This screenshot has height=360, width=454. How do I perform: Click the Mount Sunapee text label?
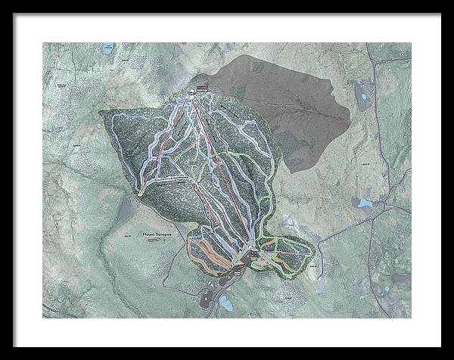[x=156, y=235]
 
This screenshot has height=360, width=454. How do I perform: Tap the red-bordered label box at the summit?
[x=201, y=89]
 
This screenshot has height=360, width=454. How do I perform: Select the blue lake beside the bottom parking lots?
[x=226, y=303]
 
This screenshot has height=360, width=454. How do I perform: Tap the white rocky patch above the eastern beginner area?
[x=290, y=224]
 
